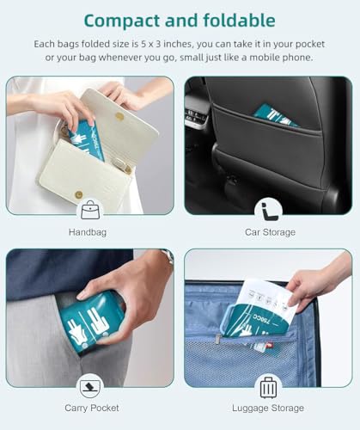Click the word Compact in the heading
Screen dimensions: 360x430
122,21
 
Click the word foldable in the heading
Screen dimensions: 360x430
239,20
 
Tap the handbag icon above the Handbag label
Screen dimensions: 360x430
90,210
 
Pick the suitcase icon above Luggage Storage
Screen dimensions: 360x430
268,388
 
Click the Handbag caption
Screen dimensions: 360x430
88,232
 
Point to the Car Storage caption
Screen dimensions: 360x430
270,232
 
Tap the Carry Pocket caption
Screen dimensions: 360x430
92,408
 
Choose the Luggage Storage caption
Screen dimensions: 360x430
268,408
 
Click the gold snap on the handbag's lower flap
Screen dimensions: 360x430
78,195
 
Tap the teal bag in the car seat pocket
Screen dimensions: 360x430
275,116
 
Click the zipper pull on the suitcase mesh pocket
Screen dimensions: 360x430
217,338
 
